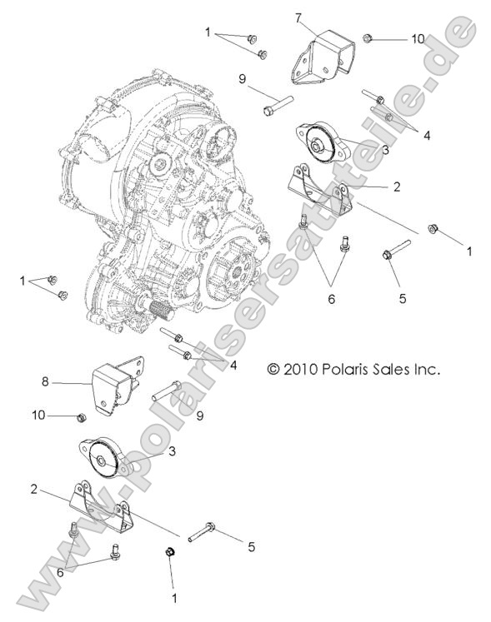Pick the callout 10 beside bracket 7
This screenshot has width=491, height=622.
click(417, 38)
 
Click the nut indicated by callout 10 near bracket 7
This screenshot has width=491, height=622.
click(368, 37)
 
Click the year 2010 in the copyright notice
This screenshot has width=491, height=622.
click(302, 368)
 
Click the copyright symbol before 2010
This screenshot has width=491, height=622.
click(273, 368)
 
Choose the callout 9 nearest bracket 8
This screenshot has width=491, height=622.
click(200, 416)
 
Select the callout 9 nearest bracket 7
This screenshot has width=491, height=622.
click(243, 79)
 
